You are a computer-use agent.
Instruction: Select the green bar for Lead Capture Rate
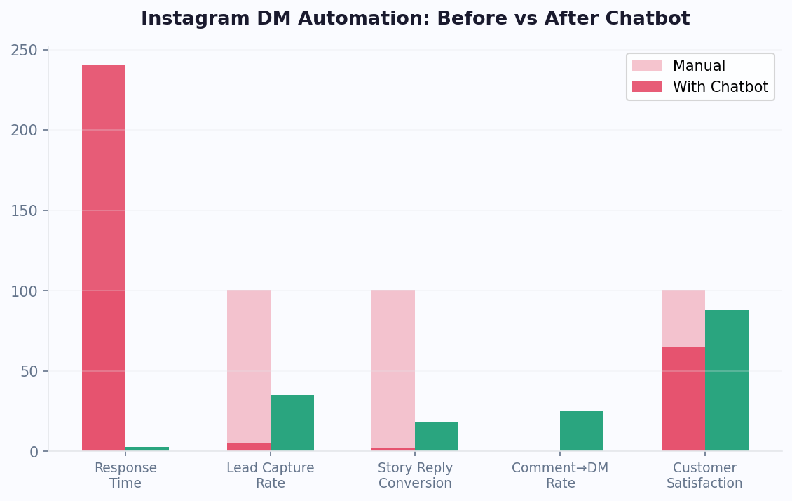click(x=292, y=422)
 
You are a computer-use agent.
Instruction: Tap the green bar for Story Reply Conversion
click(x=437, y=436)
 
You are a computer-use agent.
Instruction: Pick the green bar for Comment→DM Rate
click(x=582, y=431)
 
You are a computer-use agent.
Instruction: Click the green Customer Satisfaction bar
click(x=727, y=380)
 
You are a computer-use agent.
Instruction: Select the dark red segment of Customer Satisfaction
click(x=683, y=399)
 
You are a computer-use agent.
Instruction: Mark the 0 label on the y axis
click(x=34, y=452)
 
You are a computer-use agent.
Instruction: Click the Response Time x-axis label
click(x=125, y=476)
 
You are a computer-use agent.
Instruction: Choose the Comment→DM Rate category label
click(x=560, y=476)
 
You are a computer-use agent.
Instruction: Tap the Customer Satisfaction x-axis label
click(x=704, y=476)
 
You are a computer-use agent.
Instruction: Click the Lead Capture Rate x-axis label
click(x=271, y=476)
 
